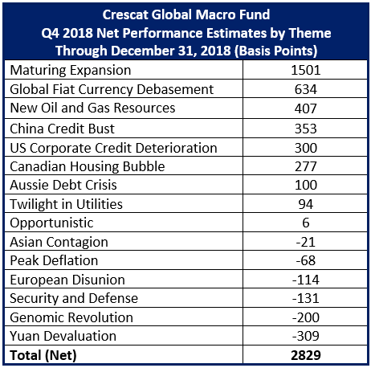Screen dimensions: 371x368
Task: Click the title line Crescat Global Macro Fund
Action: coord(186,14)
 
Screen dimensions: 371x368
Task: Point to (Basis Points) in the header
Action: coord(275,51)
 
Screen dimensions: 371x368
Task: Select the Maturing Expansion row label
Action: coord(71,71)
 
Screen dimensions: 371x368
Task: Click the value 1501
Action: coord(306,70)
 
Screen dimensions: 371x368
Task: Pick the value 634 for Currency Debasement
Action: coord(306,89)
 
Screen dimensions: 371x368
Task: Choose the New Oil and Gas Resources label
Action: coord(92,108)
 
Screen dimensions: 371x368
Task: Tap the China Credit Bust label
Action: coord(62,129)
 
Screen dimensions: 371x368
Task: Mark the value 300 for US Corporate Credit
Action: coord(306,148)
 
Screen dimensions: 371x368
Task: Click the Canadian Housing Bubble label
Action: coord(88,166)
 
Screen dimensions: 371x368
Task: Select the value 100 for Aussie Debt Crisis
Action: coord(306,185)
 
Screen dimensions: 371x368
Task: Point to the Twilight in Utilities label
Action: coord(66,204)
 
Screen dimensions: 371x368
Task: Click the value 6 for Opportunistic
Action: coord(306,223)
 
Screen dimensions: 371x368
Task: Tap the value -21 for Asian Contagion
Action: coord(306,242)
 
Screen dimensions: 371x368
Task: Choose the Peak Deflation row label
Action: coord(54,260)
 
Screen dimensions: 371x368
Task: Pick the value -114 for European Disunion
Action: coord(306,280)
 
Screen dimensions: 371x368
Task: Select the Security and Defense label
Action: coord(74,298)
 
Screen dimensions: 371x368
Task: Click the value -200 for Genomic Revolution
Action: coord(306,317)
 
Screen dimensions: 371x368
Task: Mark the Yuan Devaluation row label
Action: coord(63,336)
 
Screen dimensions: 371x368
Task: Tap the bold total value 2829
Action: coord(306,355)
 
